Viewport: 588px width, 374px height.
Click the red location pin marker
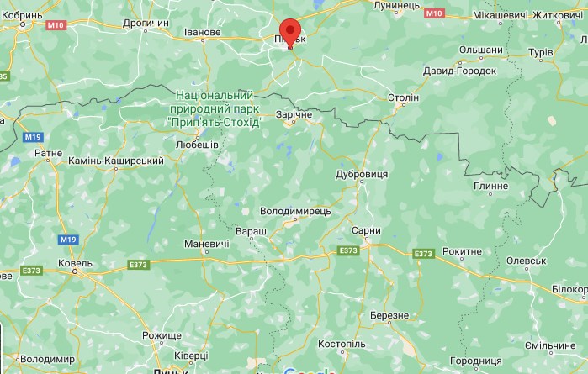[290, 32]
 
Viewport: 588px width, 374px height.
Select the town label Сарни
[366, 230]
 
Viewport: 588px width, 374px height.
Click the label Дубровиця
[361, 172]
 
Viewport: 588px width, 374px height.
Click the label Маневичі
[206, 245]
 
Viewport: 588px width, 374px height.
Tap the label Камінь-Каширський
[115, 160]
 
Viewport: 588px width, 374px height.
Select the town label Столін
[402, 98]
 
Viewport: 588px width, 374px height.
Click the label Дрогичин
[146, 23]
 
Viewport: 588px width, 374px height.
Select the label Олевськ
[527, 261]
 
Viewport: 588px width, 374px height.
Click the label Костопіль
[342, 345]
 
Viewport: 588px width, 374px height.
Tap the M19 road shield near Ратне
[33, 136]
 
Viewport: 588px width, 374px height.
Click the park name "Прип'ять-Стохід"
[215, 122]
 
